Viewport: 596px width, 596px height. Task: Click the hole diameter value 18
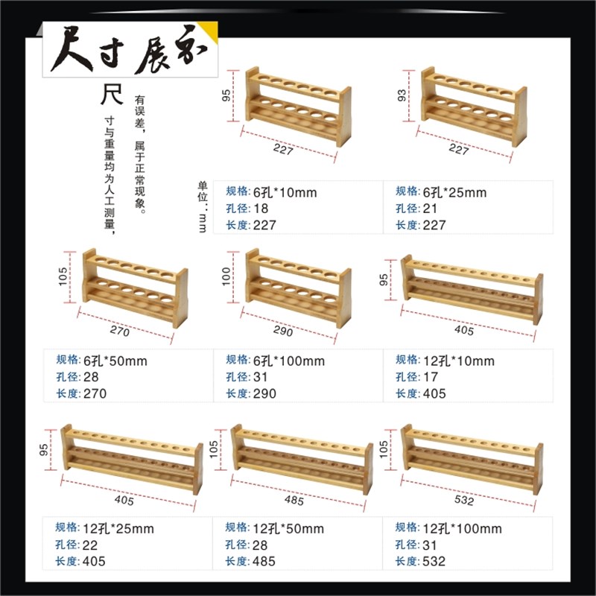tap(261, 209)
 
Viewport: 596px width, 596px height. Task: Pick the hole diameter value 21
tap(431, 209)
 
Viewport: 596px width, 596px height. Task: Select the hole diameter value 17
tap(431, 377)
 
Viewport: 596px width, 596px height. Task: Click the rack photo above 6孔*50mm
tap(134, 288)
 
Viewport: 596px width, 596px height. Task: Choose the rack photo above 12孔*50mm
tap(302, 458)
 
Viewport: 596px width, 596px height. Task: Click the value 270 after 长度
tap(96, 393)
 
